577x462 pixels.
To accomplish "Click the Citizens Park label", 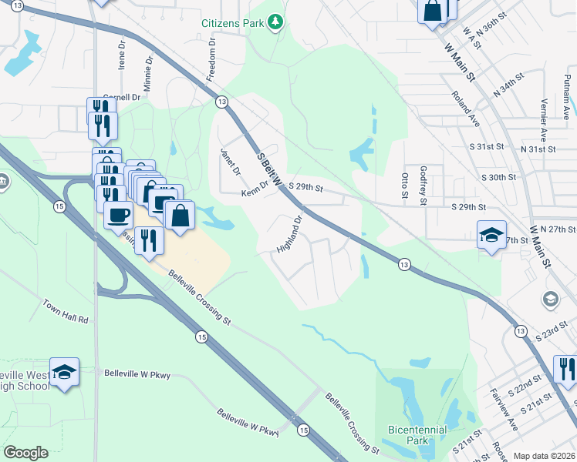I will [232, 24].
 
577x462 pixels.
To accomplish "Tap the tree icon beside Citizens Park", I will [275, 23].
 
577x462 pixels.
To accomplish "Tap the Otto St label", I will [405, 185].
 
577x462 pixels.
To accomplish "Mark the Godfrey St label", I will [423, 185].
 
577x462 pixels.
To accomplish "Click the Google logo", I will [25, 453].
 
